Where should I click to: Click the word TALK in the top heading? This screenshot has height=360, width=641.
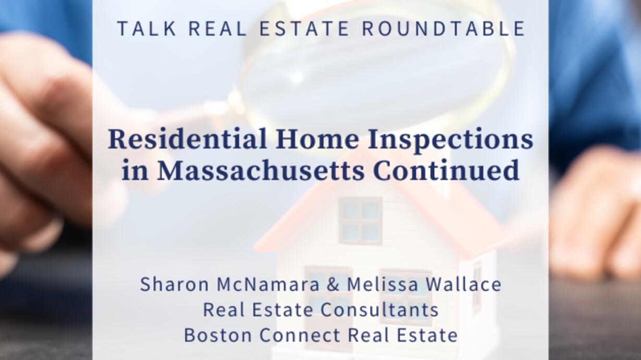(147, 28)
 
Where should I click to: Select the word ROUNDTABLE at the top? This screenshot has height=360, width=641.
(444, 28)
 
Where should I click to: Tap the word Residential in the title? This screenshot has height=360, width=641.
(188, 140)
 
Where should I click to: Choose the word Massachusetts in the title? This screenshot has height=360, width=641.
(261, 170)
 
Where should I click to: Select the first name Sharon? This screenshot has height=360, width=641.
(175, 284)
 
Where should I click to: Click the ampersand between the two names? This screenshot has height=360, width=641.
(333, 284)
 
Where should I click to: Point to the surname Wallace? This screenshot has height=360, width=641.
(464, 284)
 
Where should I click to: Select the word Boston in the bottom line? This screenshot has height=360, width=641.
(218, 335)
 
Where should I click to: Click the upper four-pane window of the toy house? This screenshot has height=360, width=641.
(360, 221)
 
